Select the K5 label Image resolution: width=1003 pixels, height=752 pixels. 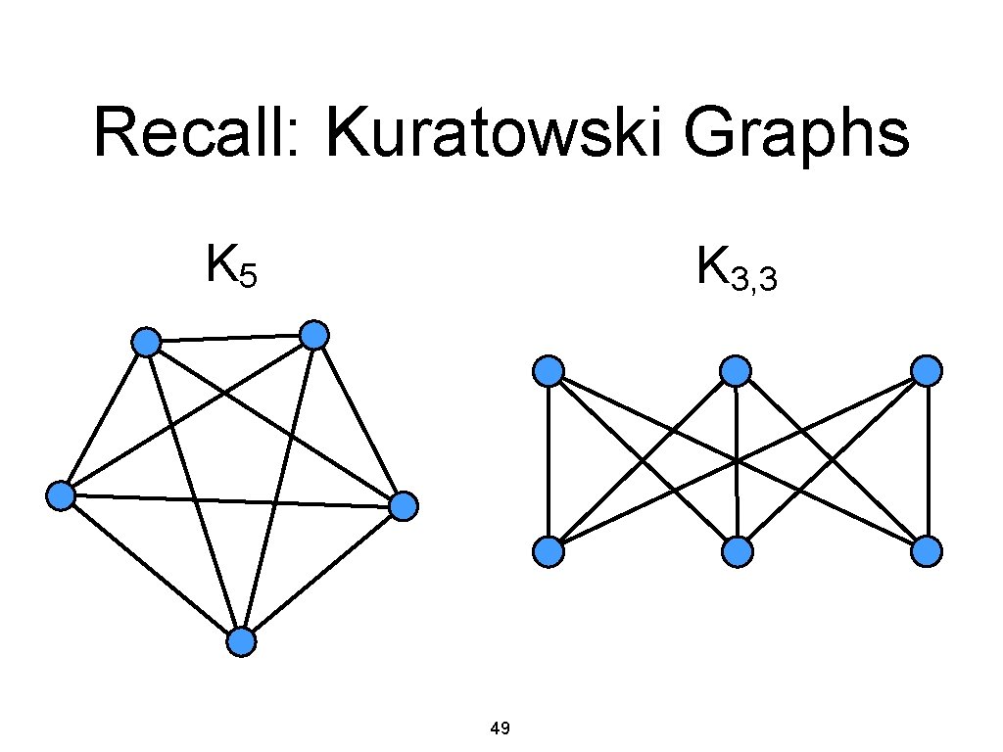[x=231, y=266]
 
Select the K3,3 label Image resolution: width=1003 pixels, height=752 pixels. [x=737, y=269]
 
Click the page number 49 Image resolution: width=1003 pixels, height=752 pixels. [x=500, y=728]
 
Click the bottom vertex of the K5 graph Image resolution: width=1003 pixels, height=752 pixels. [x=241, y=642]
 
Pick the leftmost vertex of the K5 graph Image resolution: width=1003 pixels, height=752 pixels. [x=61, y=495]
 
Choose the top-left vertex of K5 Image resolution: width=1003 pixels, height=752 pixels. [x=146, y=342]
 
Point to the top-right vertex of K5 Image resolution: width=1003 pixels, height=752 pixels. [x=314, y=336]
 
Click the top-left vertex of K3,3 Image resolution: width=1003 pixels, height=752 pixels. [x=549, y=371]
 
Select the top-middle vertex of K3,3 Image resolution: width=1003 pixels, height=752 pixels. [x=736, y=371]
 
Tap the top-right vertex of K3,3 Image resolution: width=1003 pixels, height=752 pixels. [x=927, y=371]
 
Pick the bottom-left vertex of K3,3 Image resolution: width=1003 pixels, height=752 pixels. [x=549, y=553]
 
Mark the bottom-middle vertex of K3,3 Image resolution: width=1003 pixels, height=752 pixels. [x=737, y=553]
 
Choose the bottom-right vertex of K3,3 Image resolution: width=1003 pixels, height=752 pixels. [x=927, y=553]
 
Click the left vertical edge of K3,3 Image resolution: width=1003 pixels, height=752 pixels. [x=549, y=460]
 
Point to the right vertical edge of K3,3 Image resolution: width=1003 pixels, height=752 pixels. [x=927, y=460]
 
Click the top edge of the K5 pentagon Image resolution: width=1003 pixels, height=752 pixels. [x=230, y=339]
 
